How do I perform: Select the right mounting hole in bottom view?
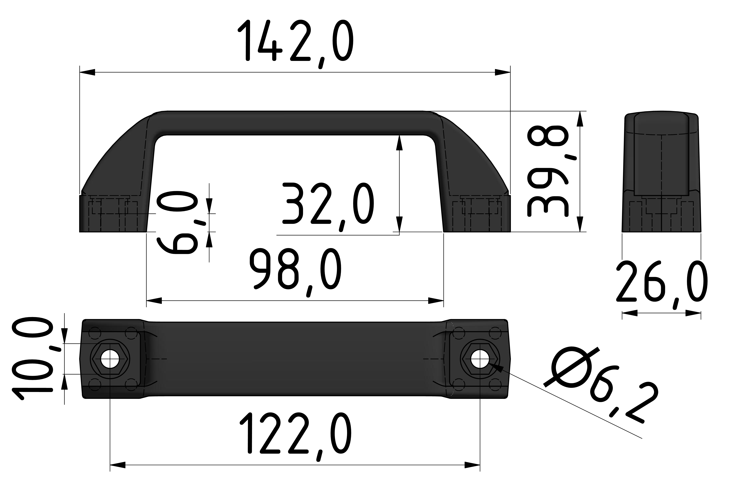pos(480,359)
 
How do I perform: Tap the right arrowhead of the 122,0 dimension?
pos(472,474)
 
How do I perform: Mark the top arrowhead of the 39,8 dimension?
pos(580,119)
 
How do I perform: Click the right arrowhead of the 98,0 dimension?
pos(436,301)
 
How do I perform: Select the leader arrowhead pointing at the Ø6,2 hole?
pos(496,367)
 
